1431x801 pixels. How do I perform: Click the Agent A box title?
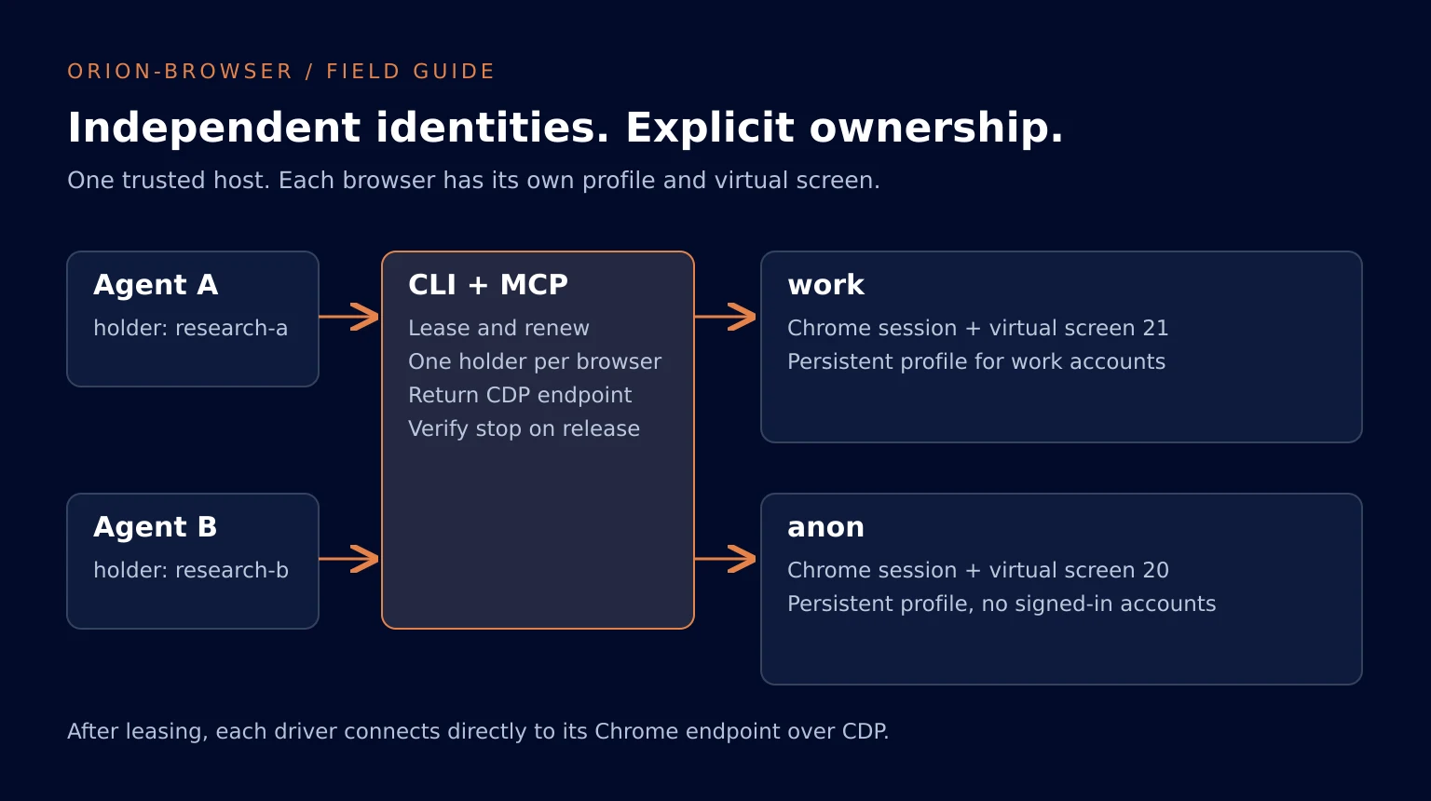156,285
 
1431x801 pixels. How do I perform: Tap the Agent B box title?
156,527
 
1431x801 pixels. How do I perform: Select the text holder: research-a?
190,328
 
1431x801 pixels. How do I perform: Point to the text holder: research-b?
191,570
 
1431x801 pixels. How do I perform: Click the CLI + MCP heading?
488,285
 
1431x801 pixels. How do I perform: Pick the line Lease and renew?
498,328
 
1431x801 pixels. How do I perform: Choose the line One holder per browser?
535,361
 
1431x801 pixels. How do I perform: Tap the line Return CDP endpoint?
520,395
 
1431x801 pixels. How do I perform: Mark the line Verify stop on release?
524,428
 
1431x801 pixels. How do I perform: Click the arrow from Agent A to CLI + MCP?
348,317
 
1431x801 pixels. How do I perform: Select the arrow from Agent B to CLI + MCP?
348,559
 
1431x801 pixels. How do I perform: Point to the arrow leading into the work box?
726,317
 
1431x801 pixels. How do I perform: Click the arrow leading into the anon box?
726,559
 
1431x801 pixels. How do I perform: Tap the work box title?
826,285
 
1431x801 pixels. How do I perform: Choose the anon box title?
826,527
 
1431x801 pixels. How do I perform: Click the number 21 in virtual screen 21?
1155,328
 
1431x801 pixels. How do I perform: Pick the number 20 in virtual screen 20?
1155,570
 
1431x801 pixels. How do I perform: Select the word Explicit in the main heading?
710,128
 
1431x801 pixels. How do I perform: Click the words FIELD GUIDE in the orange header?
410,72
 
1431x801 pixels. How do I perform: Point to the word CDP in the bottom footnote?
865,731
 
